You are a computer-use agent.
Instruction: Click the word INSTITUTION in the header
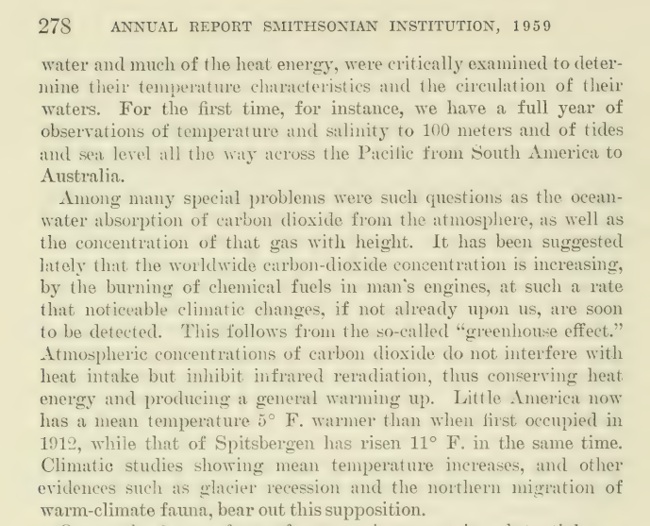pyautogui.click(x=445, y=27)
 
